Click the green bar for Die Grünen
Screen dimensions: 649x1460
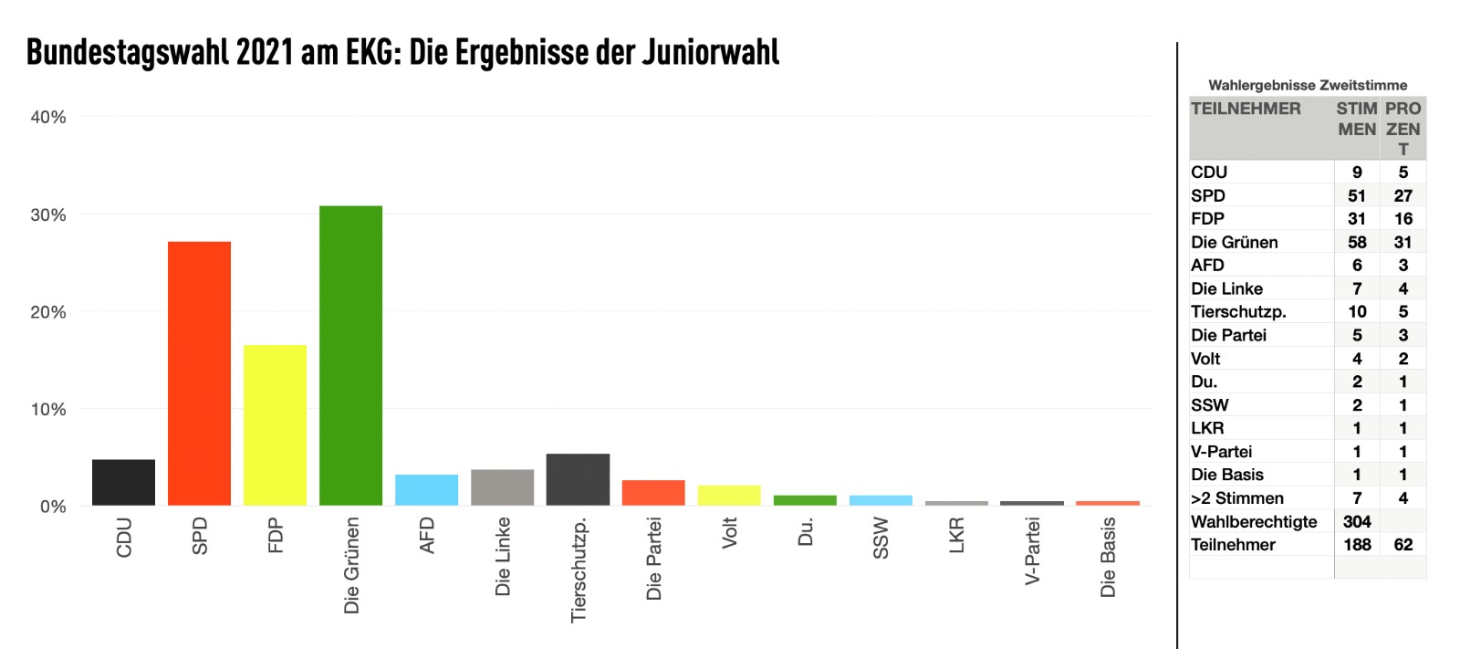tap(350, 356)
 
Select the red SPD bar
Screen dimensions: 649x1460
tap(199, 373)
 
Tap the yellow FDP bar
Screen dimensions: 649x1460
tap(275, 425)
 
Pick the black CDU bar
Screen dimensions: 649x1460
tap(123, 483)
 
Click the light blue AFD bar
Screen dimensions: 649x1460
tap(426, 490)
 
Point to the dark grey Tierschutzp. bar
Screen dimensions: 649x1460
tap(578, 480)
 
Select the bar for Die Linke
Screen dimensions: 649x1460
tap(502, 487)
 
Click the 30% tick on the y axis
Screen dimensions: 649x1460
tap(48, 215)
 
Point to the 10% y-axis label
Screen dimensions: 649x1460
tap(48, 409)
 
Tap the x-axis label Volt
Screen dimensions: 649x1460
tap(729, 533)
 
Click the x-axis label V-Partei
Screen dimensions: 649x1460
tap(1032, 551)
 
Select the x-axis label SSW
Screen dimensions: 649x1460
tap(881, 538)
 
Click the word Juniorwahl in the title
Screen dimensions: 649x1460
tap(710, 53)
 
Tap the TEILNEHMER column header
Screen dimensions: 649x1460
tap(1246, 109)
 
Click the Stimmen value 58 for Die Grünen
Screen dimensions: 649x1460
tap(1357, 242)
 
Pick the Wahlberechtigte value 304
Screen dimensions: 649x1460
tap(1357, 521)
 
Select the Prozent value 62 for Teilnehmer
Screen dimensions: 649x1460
tap(1403, 545)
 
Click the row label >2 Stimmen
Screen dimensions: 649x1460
tap(1236, 498)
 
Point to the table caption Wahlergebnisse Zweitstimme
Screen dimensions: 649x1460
tap(1307, 85)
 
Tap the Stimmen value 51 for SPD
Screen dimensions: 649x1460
tap(1357, 195)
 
